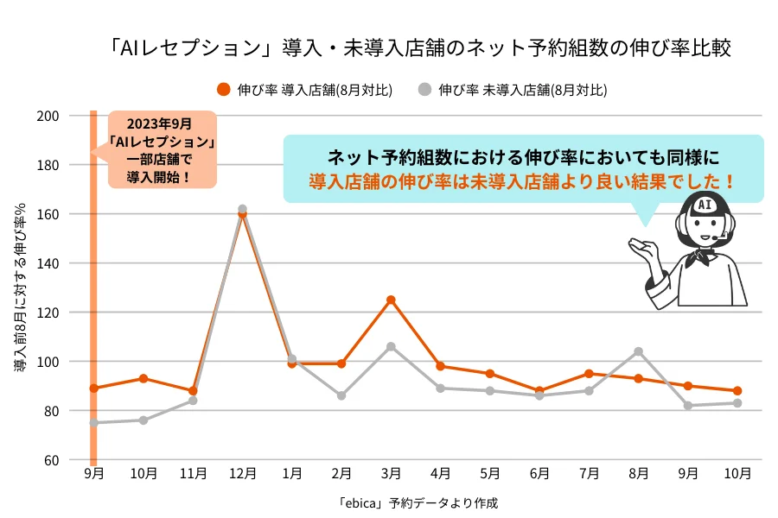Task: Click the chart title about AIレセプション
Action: [x=421, y=47]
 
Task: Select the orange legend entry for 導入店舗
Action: [x=305, y=89]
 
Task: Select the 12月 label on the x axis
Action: [x=243, y=474]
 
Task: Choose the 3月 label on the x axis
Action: [x=391, y=474]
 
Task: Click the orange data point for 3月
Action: [x=391, y=300]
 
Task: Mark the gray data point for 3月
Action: [x=391, y=346]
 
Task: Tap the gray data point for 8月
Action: [x=638, y=351]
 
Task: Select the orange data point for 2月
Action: [x=341, y=363]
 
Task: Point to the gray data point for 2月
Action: [x=341, y=395]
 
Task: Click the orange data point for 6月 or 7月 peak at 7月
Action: [x=589, y=374]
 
